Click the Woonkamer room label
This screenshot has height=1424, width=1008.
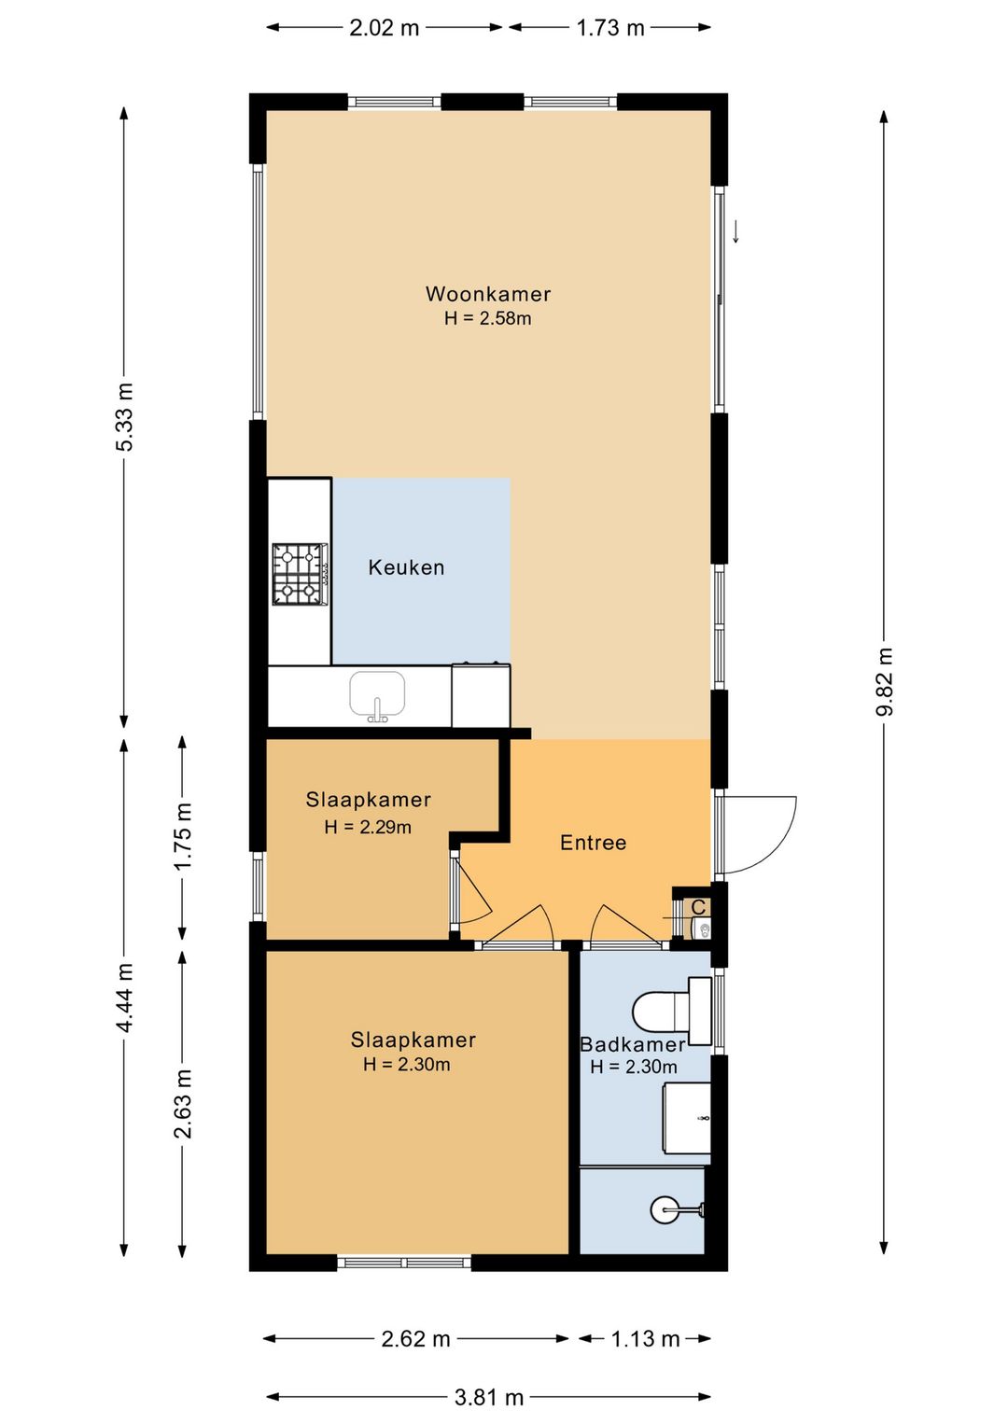pyautogui.click(x=488, y=294)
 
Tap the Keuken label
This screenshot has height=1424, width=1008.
pyautogui.click(x=406, y=567)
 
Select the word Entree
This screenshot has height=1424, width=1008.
pyautogui.click(x=594, y=843)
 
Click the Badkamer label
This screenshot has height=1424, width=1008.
pyautogui.click(x=633, y=1044)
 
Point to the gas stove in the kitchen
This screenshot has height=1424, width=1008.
pyautogui.click(x=301, y=573)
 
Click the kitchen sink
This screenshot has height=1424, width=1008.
pyautogui.click(x=377, y=695)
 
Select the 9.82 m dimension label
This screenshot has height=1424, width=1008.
pyautogui.click(x=885, y=681)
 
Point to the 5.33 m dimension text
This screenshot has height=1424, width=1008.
pyautogui.click(x=125, y=416)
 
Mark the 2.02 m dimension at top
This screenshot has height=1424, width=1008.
pyautogui.click(x=385, y=28)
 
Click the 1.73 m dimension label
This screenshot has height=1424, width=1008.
pyautogui.click(x=610, y=28)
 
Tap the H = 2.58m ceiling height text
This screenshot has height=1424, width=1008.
pyautogui.click(x=488, y=318)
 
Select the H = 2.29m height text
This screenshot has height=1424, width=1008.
pyautogui.click(x=368, y=827)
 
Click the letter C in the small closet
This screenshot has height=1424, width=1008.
pyautogui.click(x=698, y=907)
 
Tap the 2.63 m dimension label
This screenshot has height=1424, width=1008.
pyautogui.click(x=183, y=1104)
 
